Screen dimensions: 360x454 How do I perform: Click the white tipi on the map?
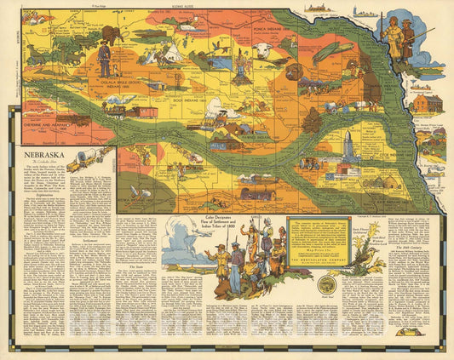click(170, 53)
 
